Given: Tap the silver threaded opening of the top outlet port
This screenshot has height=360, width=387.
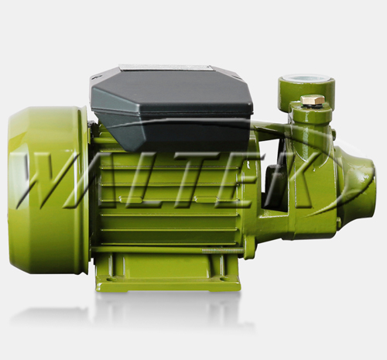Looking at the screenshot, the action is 307,77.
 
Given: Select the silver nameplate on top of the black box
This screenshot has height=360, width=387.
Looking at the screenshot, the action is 165,68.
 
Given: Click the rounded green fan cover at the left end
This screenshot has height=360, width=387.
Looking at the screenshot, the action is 48,190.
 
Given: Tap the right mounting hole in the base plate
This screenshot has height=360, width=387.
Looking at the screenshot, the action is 223,279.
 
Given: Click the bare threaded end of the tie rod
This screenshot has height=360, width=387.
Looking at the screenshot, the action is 222,250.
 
